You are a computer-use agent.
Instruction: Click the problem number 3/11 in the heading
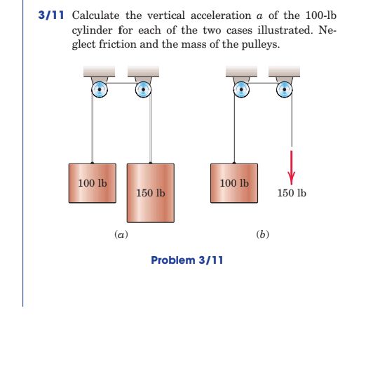coord(52,15)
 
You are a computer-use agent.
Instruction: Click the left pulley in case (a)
coord(100,89)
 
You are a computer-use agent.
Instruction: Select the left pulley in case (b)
coord(240,89)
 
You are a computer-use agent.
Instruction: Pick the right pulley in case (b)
coord(284,89)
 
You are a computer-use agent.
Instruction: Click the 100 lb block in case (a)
coord(93,183)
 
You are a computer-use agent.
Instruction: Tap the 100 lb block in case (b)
coord(234,183)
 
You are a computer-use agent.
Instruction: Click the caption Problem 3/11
coord(187,260)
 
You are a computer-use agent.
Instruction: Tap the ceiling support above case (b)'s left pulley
coord(240,72)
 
